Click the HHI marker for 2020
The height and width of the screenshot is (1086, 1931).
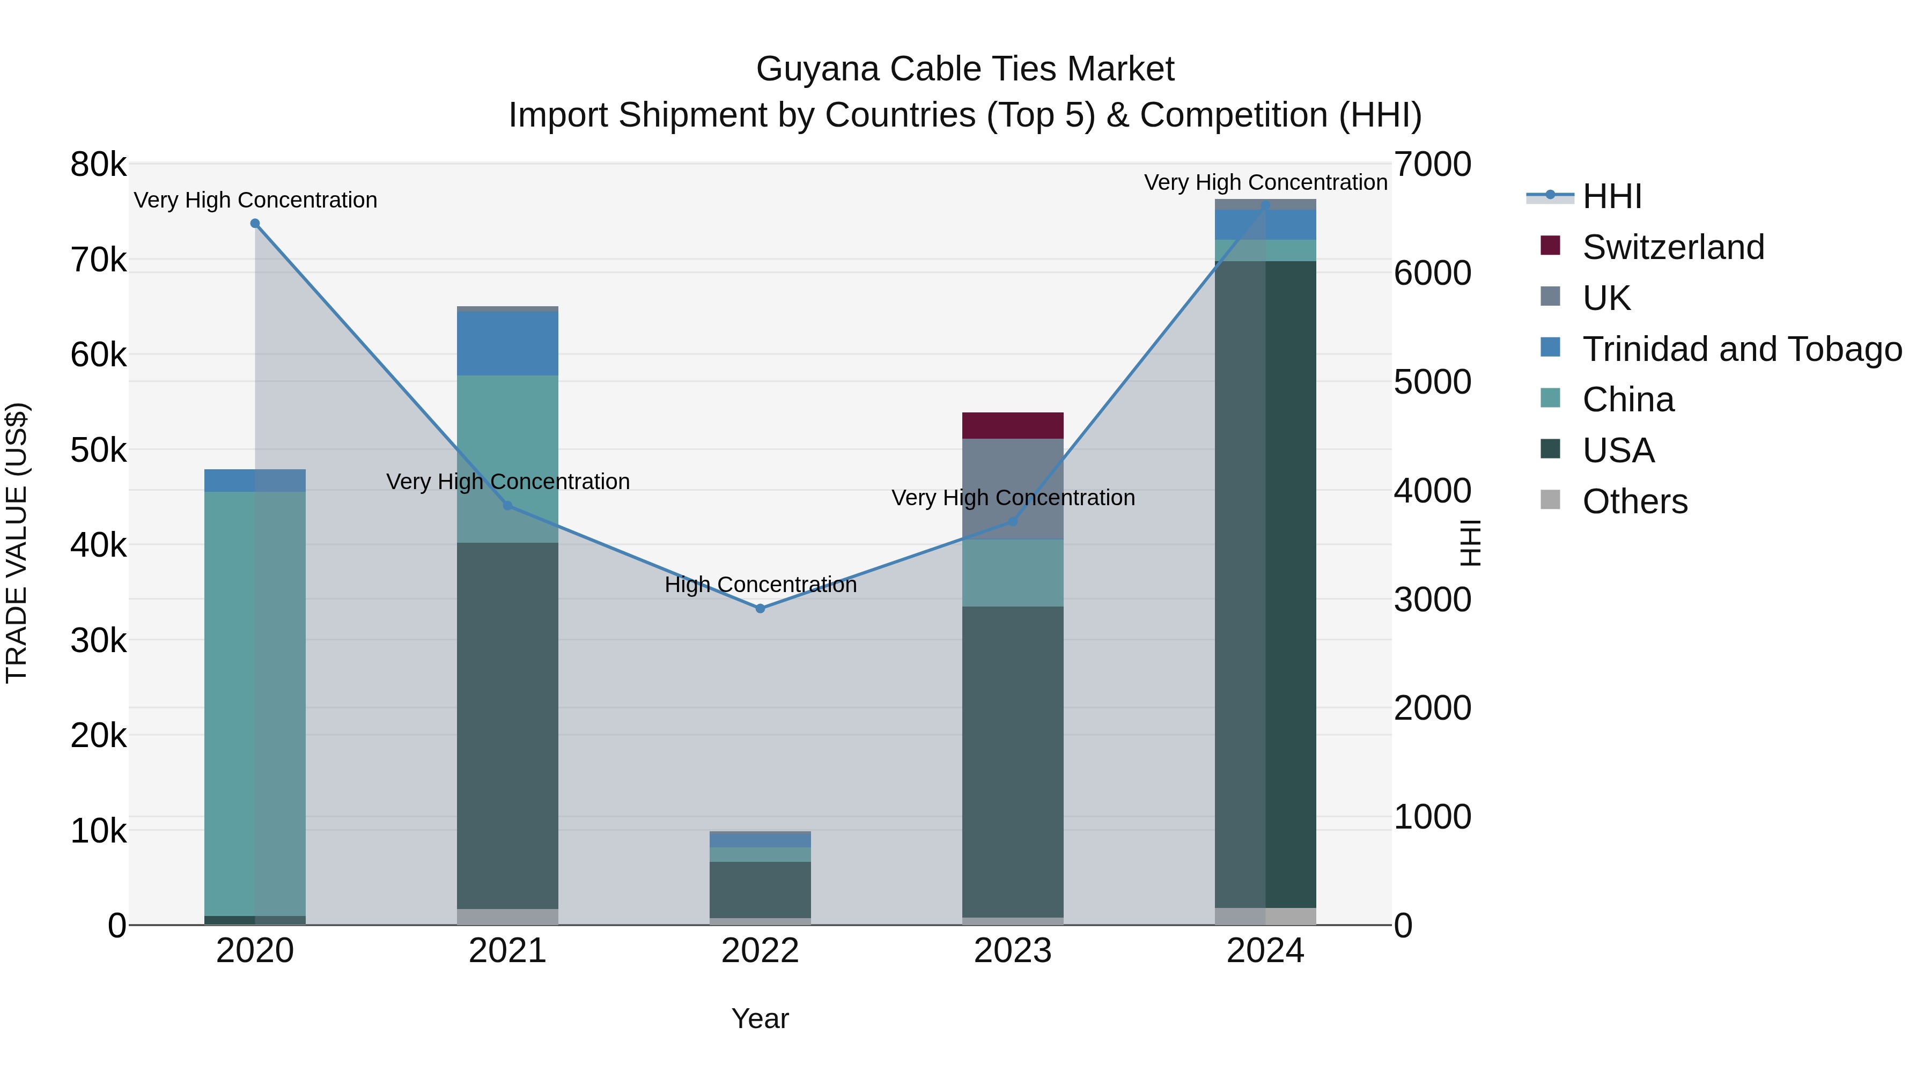point(255,223)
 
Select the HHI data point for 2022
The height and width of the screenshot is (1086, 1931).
point(760,609)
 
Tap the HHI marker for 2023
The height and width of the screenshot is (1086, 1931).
point(1013,521)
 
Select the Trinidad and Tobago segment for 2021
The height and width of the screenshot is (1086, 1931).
point(507,343)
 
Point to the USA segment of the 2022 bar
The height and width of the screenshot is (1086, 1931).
point(760,890)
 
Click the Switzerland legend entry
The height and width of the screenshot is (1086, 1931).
point(1673,247)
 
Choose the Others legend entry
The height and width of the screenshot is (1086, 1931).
point(1634,501)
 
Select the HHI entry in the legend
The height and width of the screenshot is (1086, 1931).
point(1612,196)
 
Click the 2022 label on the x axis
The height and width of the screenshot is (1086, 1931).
point(760,951)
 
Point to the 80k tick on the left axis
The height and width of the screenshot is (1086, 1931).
point(98,165)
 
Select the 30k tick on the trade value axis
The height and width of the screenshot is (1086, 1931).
point(98,641)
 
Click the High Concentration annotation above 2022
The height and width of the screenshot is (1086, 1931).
point(760,585)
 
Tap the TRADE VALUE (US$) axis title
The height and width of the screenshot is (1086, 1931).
point(17,543)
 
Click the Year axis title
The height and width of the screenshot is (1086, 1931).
point(760,1018)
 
